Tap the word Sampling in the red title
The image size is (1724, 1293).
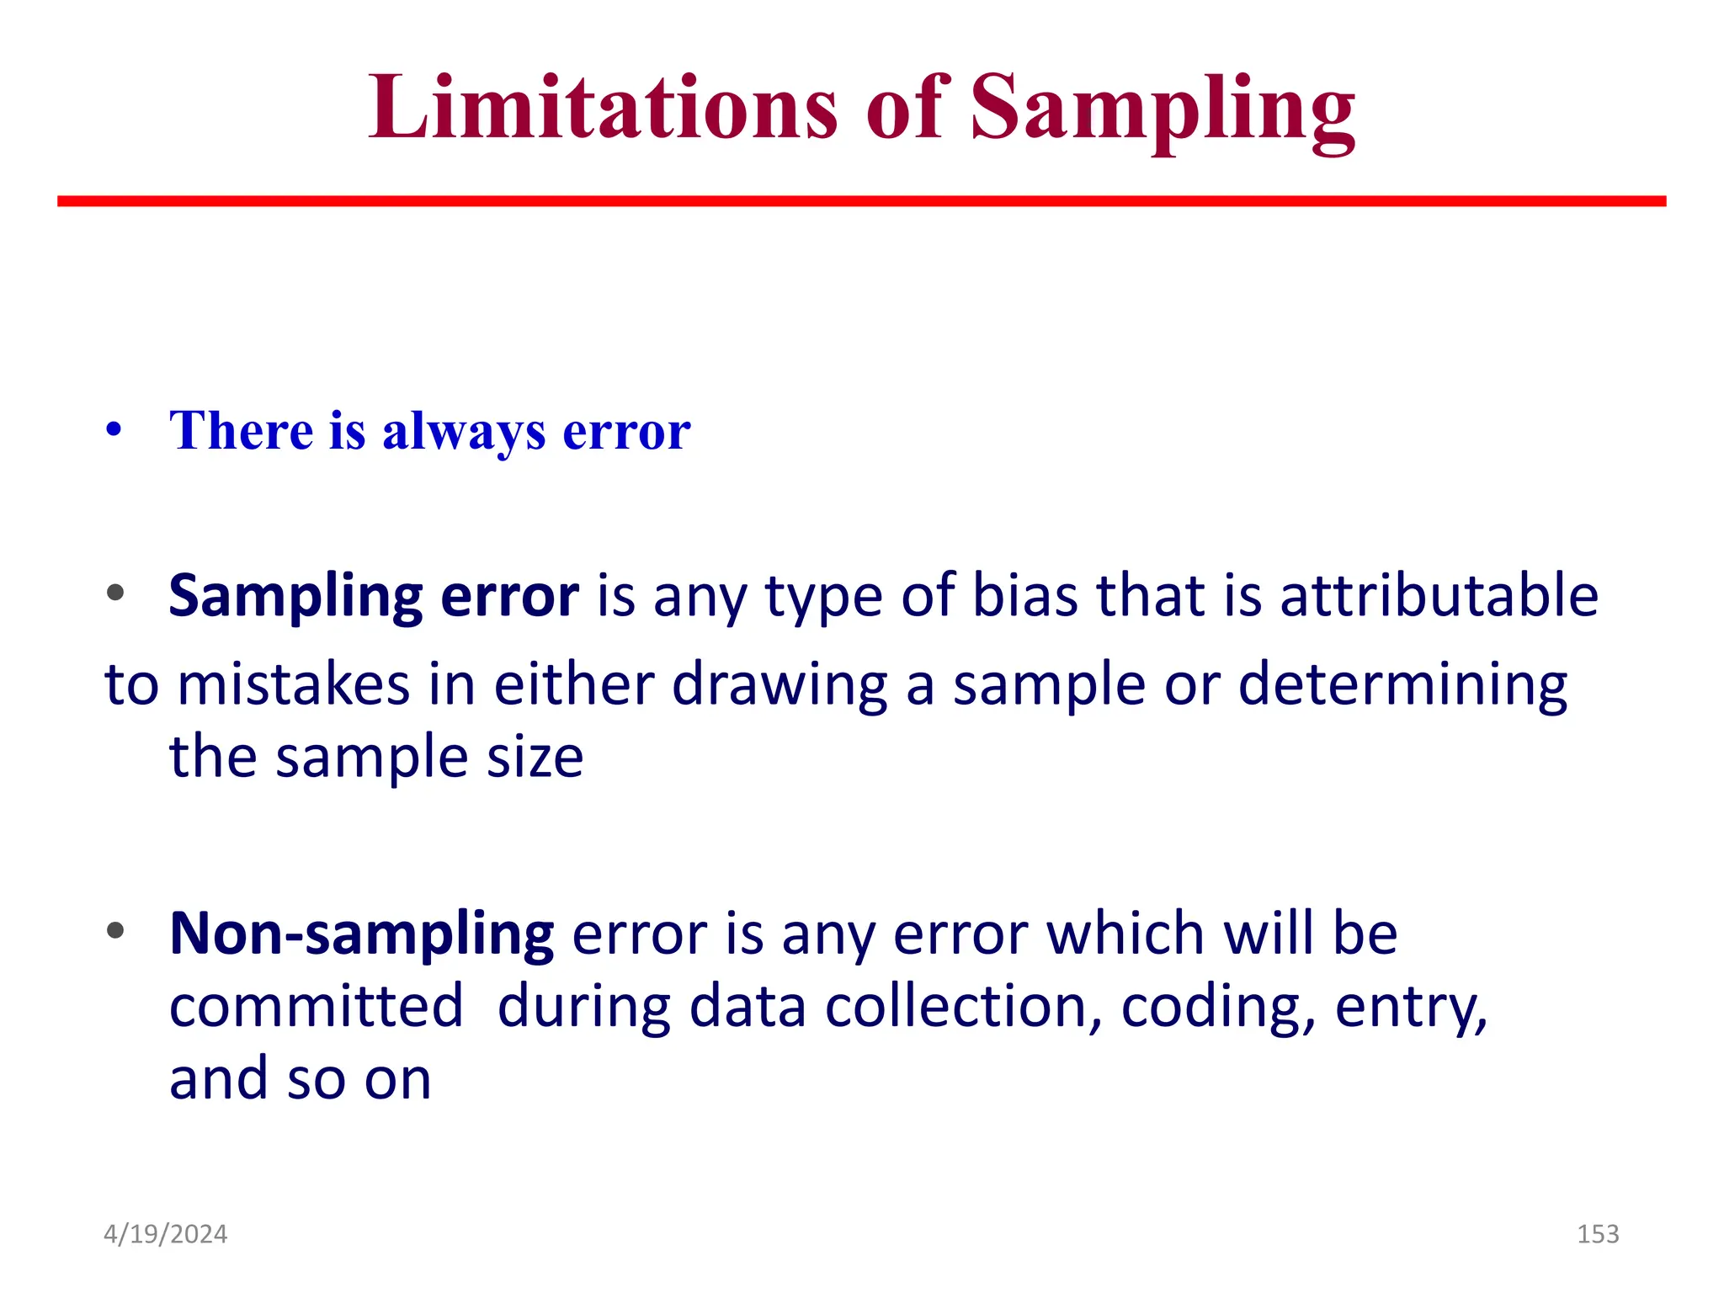pos(1163,109)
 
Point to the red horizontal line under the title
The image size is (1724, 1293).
pos(861,201)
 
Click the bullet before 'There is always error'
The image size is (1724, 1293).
pos(114,430)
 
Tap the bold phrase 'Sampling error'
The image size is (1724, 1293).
pos(374,596)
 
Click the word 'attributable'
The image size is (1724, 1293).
pos(1439,594)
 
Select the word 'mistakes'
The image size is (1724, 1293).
pos(294,684)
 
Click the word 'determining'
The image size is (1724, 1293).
pos(1402,684)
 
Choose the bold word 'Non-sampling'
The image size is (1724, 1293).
pos(361,934)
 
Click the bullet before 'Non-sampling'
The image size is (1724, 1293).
pos(115,931)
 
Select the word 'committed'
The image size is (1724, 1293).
pos(316,1006)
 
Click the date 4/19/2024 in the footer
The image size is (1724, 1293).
pos(165,1234)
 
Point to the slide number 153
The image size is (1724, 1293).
pos(1597,1234)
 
